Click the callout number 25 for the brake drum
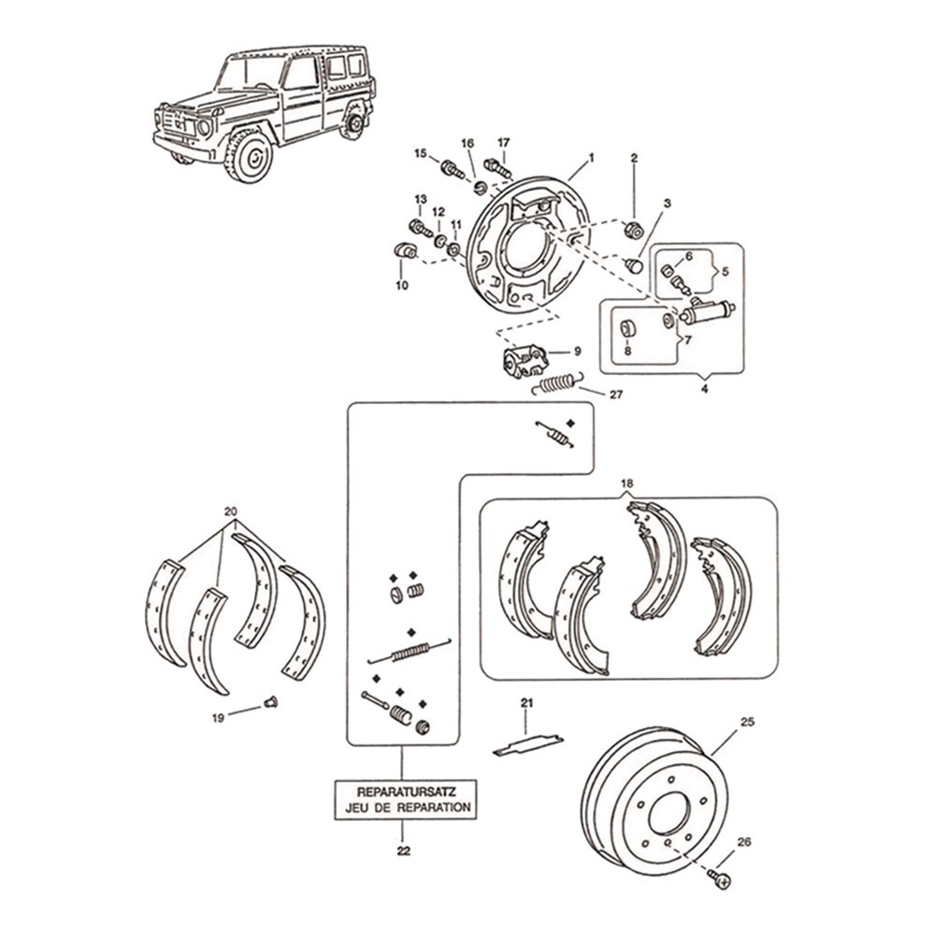pyautogui.click(x=747, y=721)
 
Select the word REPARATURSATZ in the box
pyautogui.click(x=402, y=789)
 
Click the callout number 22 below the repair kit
pyautogui.click(x=402, y=851)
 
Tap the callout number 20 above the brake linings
pyautogui.click(x=231, y=511)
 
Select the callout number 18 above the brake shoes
pyautogui.click(x=626, y=483)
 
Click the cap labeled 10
pyautogui.click(x=404, y=252)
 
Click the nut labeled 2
pyautogui.click(x=633, y=230)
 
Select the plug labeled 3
pyautogui.click(x=633, y=266)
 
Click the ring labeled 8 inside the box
pyautogui.click(x=628, y=328)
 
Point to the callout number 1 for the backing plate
pyautogui.click(x=590, y=160)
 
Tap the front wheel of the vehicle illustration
pyautogui.click(x=250, y=155)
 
